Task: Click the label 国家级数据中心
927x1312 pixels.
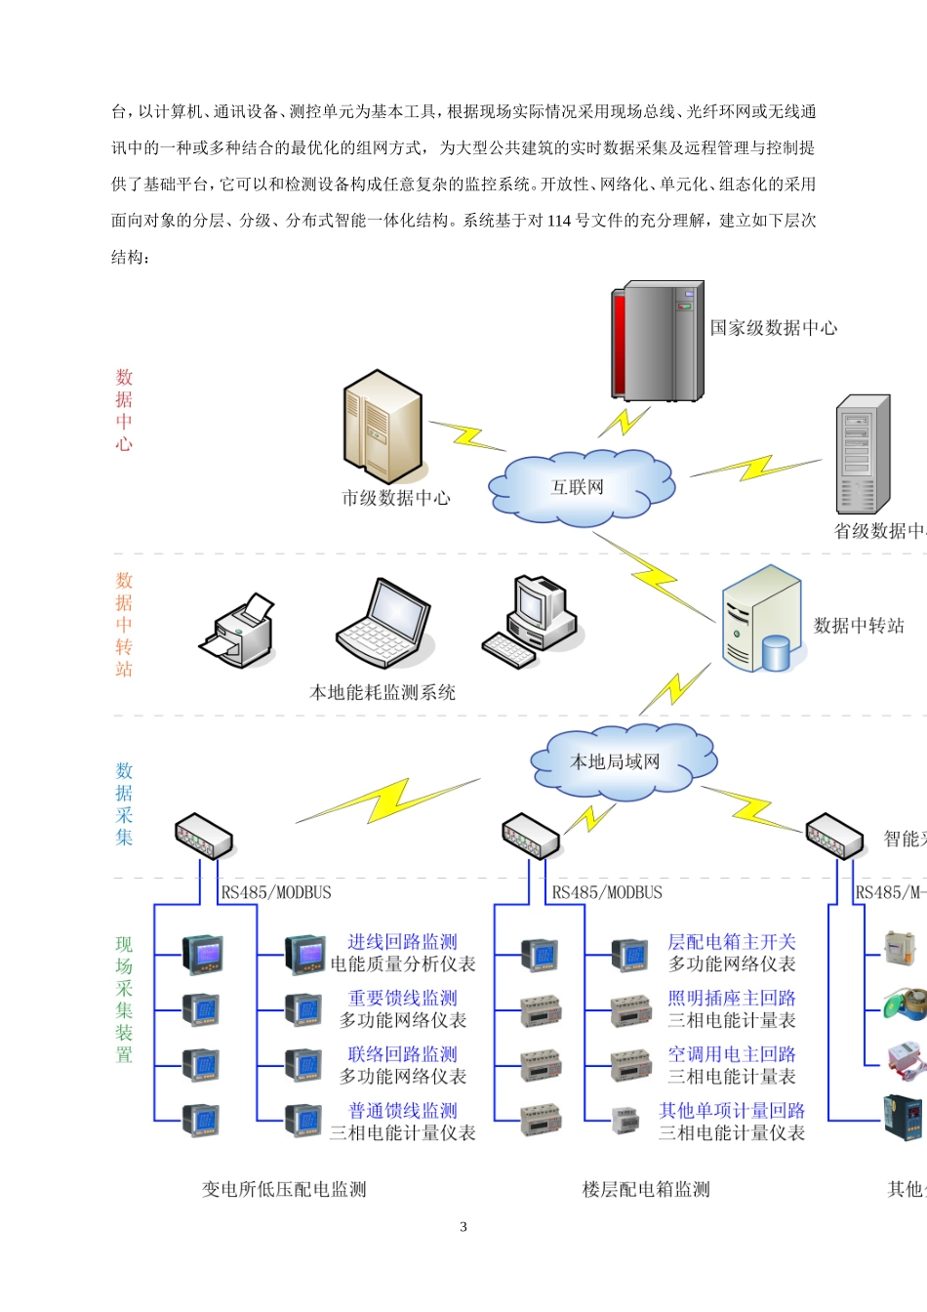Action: pyautogui.click(x=773, y=328)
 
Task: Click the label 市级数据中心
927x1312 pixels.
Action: pyautogui.click(x=396, y=498)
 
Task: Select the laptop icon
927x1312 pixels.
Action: pyautogui.click(x=383, y=624)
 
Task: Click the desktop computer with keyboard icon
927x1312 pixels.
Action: pyautogui.click(x=532, y=621)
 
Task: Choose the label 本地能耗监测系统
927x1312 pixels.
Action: pyautogui.click(x=383, y=692)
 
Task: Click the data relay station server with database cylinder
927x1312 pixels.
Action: pyautogui.click(x=761, y=621)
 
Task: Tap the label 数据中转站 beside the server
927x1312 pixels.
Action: pyautogui.click(x=859, y=626)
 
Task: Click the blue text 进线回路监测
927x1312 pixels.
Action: pyautogui.click(x=402, y=942)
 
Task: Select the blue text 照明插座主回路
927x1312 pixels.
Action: pyautogui.click(x=731, y=998)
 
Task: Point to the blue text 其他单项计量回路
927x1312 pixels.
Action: pyautogui.click(x=731, y=1110)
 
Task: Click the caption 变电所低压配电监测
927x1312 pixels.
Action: pyautogui.click(x=284, y=1189)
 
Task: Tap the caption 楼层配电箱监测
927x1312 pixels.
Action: pyautogui.click(x=646, y=1189)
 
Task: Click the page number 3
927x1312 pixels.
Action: pyautogui.click(x=463, y=1227)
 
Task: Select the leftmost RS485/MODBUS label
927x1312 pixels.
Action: pyautogui.click(x=276, y=892)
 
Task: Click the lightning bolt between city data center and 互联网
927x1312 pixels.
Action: pyautogui.click(x=467, y=435)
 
